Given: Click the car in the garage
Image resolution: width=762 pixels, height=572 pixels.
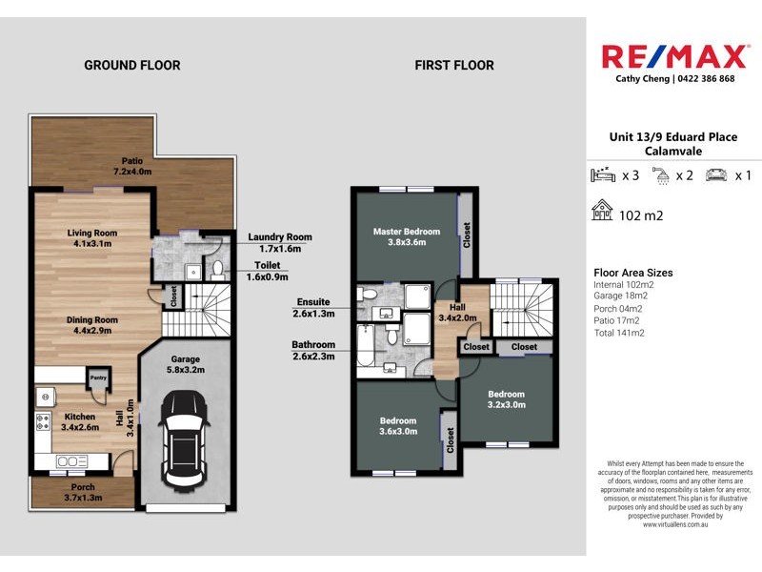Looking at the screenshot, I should pos(185,438).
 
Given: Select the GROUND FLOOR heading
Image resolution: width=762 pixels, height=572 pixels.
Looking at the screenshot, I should pos(131,66).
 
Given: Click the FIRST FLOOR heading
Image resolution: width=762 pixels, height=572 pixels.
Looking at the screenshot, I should pos(454,66).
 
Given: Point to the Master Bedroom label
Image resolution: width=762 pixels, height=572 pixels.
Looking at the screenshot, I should pos(407,236).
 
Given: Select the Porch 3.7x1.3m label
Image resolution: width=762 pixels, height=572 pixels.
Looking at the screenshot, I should pos(69,493).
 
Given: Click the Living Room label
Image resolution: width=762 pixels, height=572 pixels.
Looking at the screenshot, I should pos(92,237).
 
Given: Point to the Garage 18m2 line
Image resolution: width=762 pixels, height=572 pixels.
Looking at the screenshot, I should pos(624,296).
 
